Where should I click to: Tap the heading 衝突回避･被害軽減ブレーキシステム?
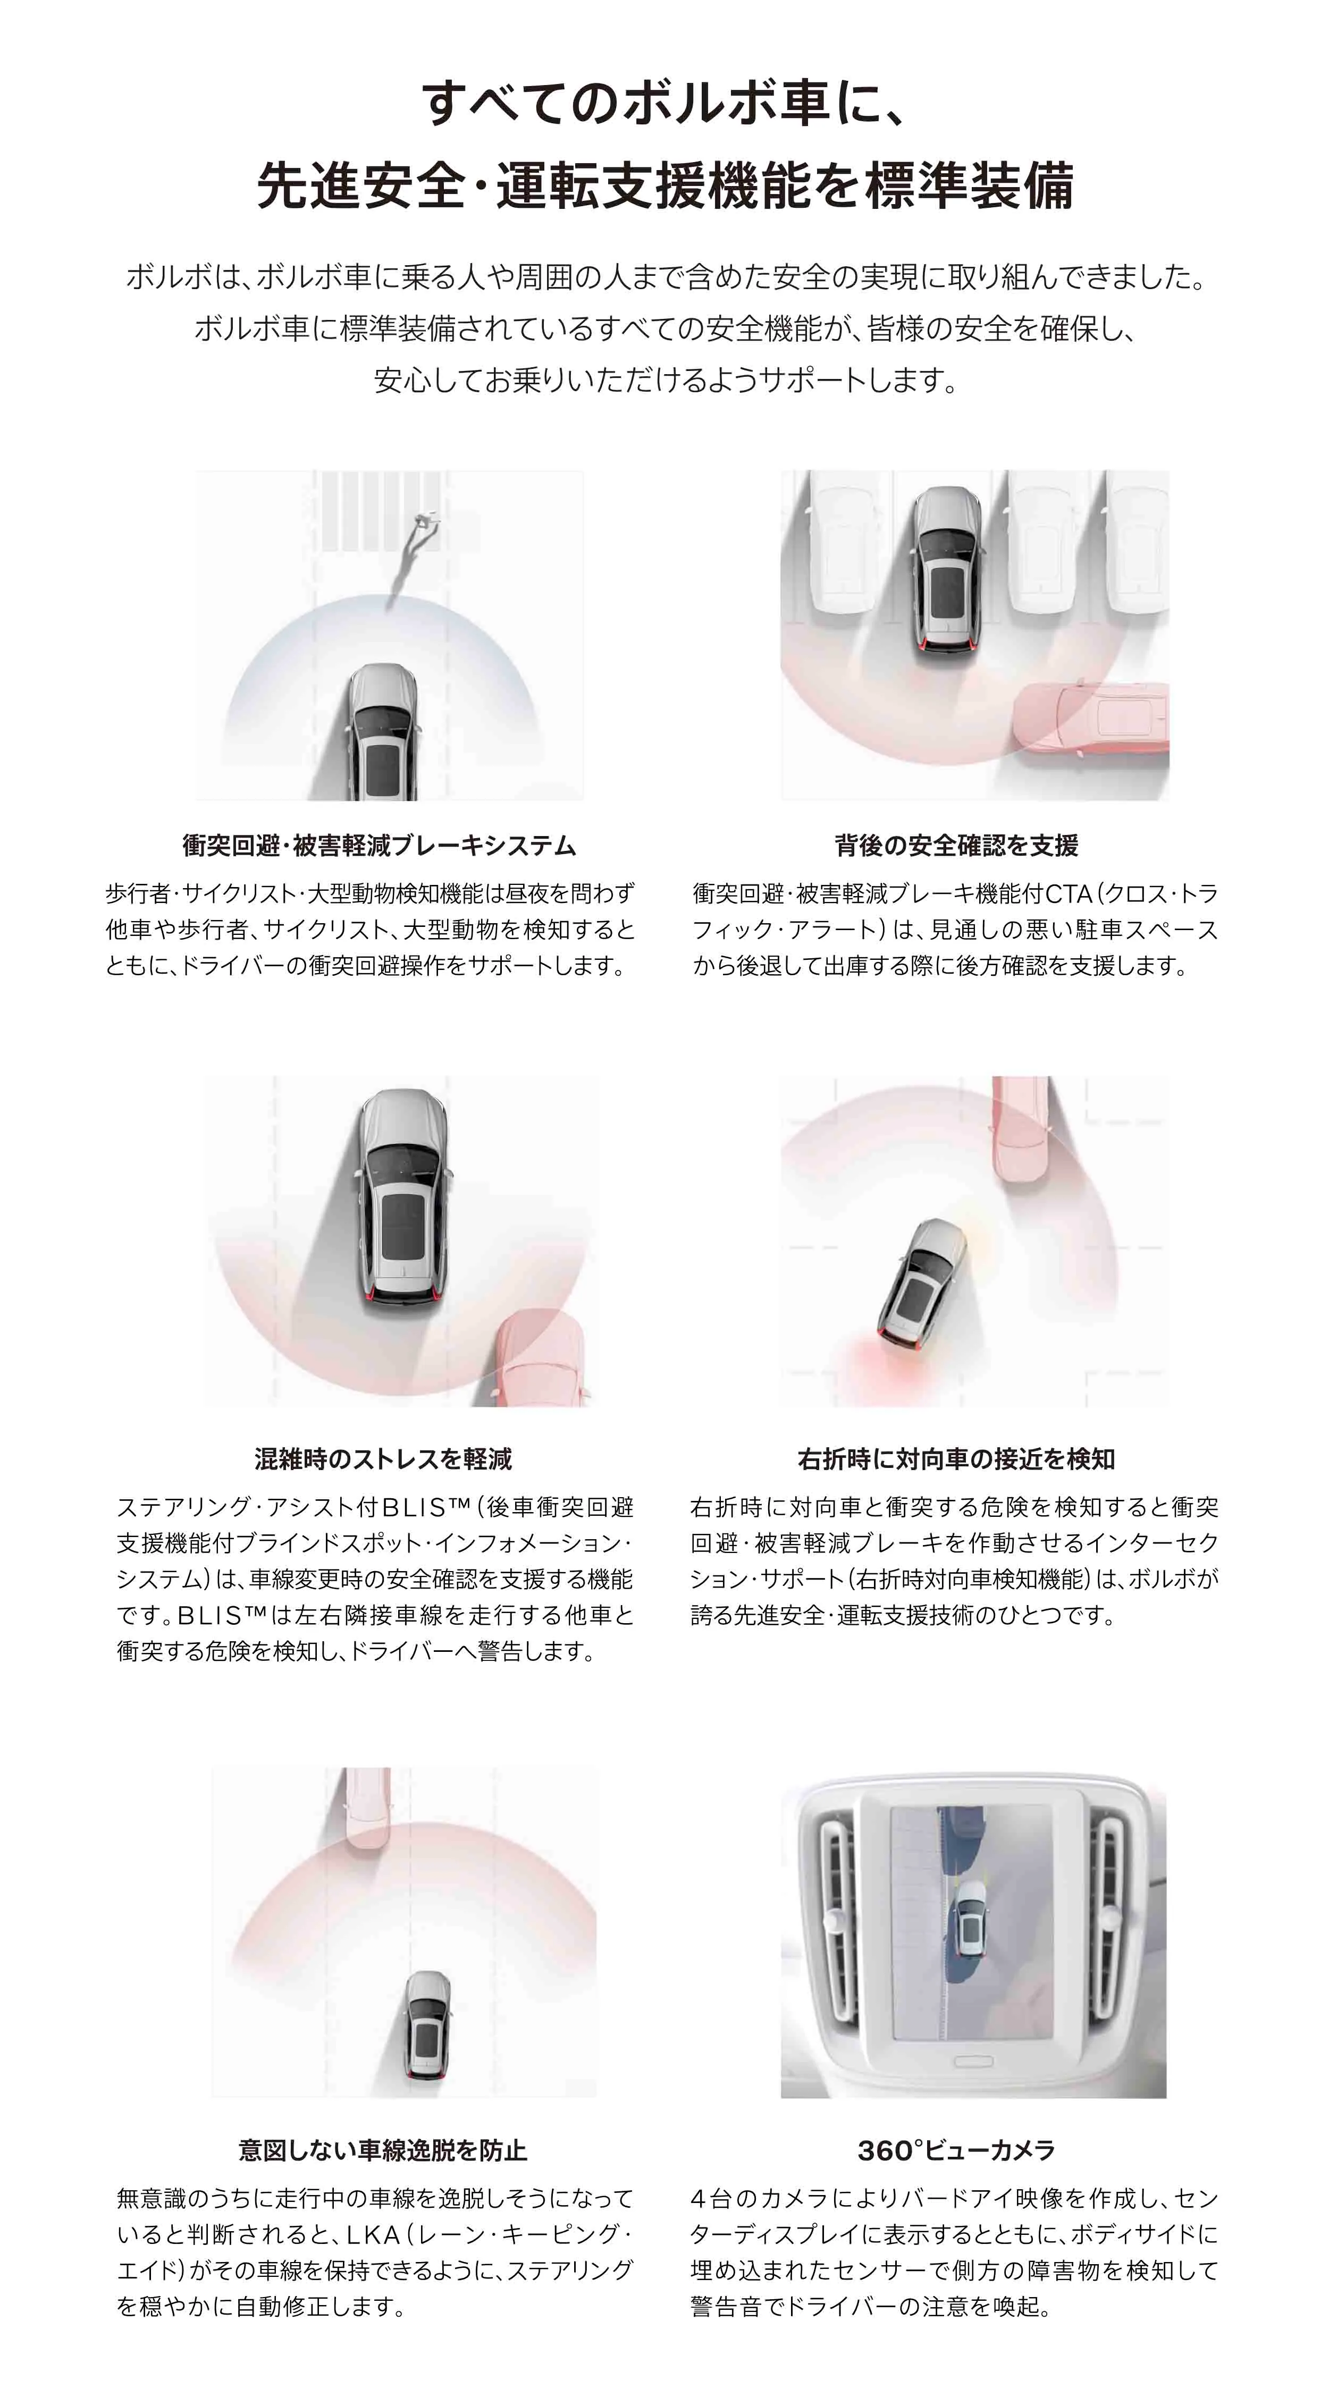(x=380, y=846)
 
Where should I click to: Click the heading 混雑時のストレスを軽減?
(x=383, y=1459)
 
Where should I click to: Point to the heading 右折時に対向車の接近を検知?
(x=956, y=1459)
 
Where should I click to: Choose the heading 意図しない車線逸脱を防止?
(x=383, y=2150)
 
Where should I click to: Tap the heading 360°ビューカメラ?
(x=956, y=2150)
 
